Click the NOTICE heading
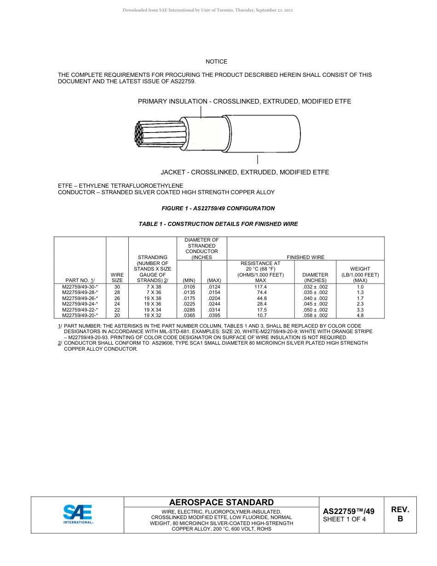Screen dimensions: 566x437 [x=216, y=62]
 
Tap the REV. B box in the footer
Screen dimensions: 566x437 [x=400, y=514]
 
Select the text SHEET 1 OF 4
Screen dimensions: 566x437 [x=345, y=520]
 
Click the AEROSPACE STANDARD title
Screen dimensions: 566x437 [x=221, y=502]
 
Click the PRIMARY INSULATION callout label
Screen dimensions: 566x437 [x=244, y=101]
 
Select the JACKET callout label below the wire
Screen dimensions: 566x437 [x=245, y=172]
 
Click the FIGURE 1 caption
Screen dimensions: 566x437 [x=218, y=208]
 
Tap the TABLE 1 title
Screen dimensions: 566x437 [x=218, y=224]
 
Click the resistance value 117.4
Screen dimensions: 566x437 [x=260, y=287]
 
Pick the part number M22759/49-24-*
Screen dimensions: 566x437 [x=80, y=304]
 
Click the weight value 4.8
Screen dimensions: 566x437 [x=360, y=315]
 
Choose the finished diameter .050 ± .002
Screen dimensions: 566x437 [x=315, y=310]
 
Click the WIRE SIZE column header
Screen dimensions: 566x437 [x=117, y=277]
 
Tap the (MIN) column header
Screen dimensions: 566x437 [x=189, y=280]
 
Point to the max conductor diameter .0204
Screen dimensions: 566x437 [x=214, y=298]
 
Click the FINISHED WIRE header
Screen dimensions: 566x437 [x=305, y=257]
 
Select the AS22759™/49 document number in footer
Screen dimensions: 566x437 [x=349, y=511]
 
